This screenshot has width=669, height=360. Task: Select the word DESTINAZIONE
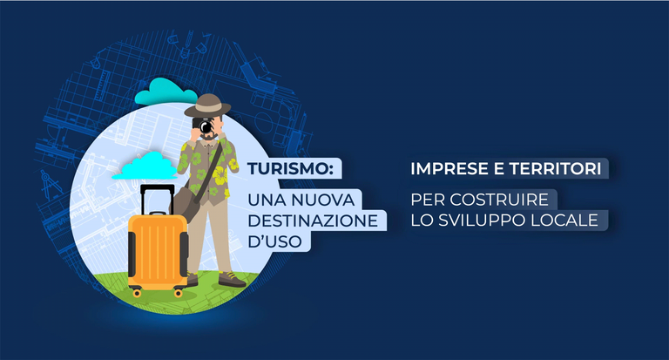coord(313,221)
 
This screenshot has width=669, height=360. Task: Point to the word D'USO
coord(274,241)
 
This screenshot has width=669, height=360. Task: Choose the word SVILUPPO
coord(482,220)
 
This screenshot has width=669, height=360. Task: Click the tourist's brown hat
coord(207,105)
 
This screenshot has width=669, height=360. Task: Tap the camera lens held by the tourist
coord(206,127)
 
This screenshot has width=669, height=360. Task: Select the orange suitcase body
coord(158,251)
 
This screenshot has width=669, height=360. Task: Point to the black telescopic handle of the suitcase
coord(158,199)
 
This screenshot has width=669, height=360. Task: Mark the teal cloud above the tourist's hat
coord(166,92)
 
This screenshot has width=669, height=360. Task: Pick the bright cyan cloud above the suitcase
coord(145,166)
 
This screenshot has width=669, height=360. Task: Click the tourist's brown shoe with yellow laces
coord(232,280)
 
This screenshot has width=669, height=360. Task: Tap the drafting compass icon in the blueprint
coord(51,185)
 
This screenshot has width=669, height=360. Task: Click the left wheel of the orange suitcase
coord(137,293)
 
